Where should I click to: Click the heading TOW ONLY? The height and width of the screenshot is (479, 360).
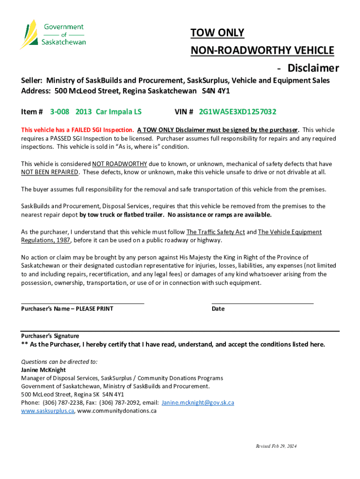(x=217, y=33)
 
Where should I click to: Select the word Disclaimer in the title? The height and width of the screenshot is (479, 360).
(x=313, y=68)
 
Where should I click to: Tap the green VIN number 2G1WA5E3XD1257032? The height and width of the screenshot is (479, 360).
(x=238, y=112)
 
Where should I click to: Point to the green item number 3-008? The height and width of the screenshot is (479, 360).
(x=60, y=112)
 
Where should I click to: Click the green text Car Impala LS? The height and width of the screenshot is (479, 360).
(x=119, y=112)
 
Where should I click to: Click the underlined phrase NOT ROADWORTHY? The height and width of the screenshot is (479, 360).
(x=120, y=164)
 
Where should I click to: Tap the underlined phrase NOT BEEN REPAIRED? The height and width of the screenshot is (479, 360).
(x=50, y=172)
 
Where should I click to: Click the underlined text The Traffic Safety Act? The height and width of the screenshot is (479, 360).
(x=216, y=232)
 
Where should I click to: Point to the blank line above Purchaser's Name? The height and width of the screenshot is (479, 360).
(x=82, y=303)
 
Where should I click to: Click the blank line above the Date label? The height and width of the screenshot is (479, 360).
(x=262, y=303)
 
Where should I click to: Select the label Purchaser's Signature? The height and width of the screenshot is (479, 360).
(x=50, y=336)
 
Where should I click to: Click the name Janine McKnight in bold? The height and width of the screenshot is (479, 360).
(x=43, y=370)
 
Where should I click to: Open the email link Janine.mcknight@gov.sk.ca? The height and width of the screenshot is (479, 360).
(x=198, y=403)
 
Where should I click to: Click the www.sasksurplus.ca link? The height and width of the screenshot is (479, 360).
(x=48, y=411)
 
